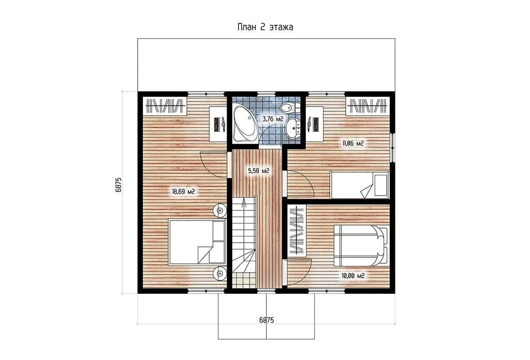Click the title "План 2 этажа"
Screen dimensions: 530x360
[265, 27]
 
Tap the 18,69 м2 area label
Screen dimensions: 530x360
[184, 192]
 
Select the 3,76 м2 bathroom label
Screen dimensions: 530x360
[273, 119]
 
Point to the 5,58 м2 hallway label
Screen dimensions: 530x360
[258, 171]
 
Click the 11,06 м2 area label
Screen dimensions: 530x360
[353, 143]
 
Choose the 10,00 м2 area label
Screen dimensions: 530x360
[353, 276]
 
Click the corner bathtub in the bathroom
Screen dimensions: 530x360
[244, 123]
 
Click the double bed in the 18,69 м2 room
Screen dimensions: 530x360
[197, 242]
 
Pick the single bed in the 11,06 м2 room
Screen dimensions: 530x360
[360, 185]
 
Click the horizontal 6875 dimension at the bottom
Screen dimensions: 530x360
[267, 320]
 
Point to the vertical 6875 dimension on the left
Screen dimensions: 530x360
[119, 185]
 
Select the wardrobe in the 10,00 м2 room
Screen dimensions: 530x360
[297, 231]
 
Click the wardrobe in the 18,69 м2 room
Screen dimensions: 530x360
[166, 106]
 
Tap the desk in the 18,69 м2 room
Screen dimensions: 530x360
[218, 124]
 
